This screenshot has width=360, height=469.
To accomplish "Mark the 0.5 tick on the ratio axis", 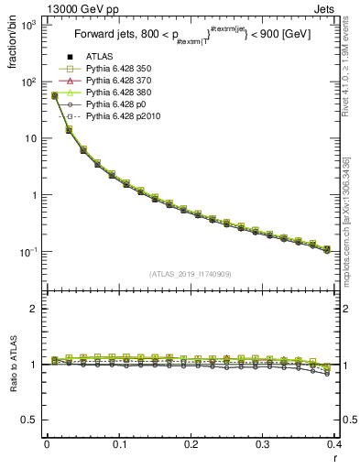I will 27,420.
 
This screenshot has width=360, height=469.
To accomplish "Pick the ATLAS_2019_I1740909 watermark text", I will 190,274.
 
